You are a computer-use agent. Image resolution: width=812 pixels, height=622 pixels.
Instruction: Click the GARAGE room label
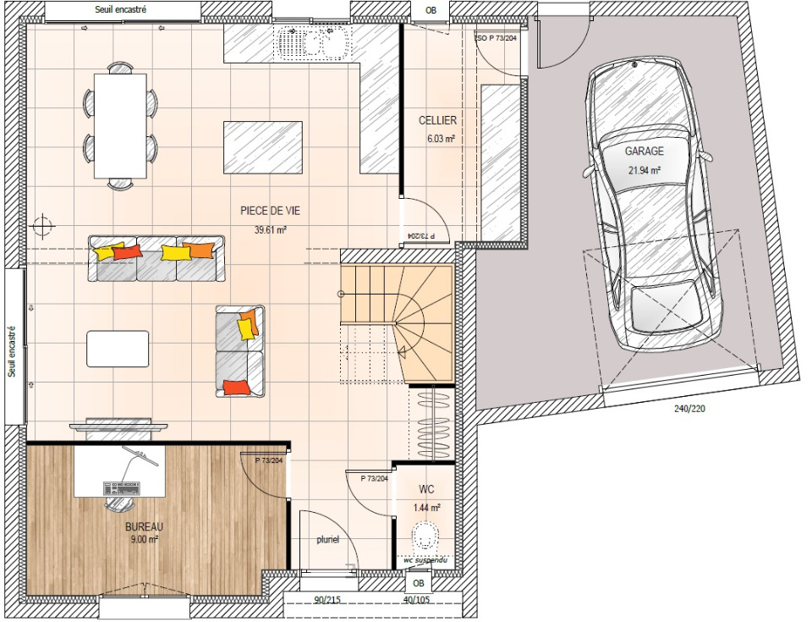644,151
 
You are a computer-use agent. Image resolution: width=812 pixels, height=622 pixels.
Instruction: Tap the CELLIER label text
437,120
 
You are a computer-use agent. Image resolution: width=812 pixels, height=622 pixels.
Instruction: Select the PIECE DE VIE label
270,211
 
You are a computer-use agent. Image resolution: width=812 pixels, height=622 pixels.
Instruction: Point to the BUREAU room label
144,526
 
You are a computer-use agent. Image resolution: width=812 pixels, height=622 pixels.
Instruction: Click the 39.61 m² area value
271,230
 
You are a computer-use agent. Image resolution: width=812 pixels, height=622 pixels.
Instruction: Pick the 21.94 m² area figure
645,170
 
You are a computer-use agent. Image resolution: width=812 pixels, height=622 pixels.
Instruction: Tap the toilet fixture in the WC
425,536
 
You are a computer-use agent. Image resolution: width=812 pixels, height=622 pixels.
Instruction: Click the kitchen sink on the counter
313,42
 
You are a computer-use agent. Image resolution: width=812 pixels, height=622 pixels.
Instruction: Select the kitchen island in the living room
262,148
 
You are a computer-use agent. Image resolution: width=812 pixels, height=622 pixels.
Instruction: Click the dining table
120,126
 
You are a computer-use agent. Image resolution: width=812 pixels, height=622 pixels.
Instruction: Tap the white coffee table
118,349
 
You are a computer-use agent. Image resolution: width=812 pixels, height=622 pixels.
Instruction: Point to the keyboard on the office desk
122,488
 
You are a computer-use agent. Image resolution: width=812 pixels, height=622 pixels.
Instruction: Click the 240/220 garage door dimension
689,409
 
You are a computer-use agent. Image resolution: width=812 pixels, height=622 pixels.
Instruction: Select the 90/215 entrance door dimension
327,600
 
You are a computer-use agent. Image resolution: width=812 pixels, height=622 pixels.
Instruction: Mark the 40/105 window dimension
416,600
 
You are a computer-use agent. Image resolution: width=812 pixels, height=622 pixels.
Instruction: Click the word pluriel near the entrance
328,540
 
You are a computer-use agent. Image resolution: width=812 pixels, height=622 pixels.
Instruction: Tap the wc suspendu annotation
425,560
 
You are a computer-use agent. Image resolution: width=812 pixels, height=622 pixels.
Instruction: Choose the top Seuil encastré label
121,9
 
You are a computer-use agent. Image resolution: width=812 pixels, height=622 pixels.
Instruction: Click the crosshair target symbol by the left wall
43,226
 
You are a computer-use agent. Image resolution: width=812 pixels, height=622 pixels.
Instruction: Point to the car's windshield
645,161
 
